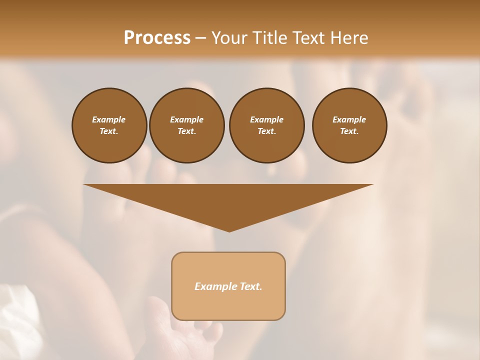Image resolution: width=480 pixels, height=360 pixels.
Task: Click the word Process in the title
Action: pyautogui.click(x=157, y=38)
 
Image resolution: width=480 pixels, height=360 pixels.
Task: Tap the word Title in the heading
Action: pyautogui.click(x=268, y=38)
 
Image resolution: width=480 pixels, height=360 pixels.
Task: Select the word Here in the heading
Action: pyautogui.click(x=349, y=38)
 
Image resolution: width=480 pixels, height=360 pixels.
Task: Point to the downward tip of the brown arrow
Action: pyautogui.click(x=229, y=230)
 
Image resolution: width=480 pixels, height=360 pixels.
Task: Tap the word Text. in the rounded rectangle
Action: pyautogui.click(x=250, y=286)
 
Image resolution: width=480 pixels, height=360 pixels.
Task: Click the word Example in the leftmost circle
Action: pyautogui.click(x=109, y=119)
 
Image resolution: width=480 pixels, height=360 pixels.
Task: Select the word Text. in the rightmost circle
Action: pyautogui.click(x=349, y=131)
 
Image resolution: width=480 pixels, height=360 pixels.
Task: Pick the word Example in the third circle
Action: pyautogui.click(x=266, y=119)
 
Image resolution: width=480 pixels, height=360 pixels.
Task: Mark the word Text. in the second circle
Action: pyautogui.click(x=186, y=131)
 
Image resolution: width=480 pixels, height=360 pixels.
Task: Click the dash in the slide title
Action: pyautogui.click(x=201, y=38)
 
